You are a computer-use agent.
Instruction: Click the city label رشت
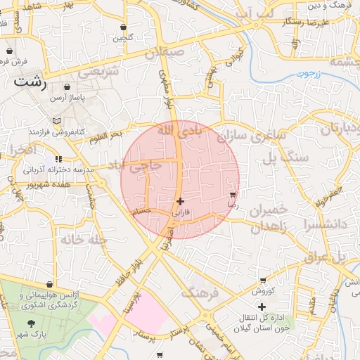[30, 82]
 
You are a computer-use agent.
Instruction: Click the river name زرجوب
[308, 73]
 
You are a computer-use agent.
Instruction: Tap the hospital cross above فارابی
[181, 201]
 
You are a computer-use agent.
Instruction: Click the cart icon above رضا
[233, 194]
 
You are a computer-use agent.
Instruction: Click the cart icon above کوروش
[262, 281]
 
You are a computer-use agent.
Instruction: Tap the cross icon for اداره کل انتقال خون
[262, 307]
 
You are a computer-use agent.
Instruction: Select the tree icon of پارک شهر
[32, 323]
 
